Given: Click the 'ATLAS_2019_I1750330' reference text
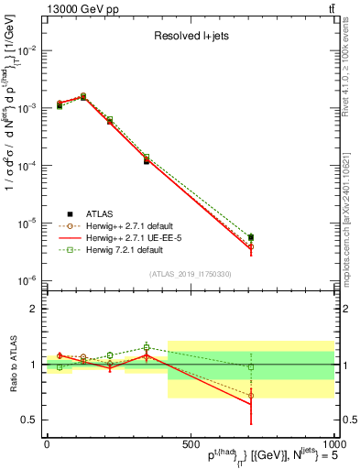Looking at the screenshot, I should [x=190, y=274].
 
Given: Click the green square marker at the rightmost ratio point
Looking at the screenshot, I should [x=251, y=366].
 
